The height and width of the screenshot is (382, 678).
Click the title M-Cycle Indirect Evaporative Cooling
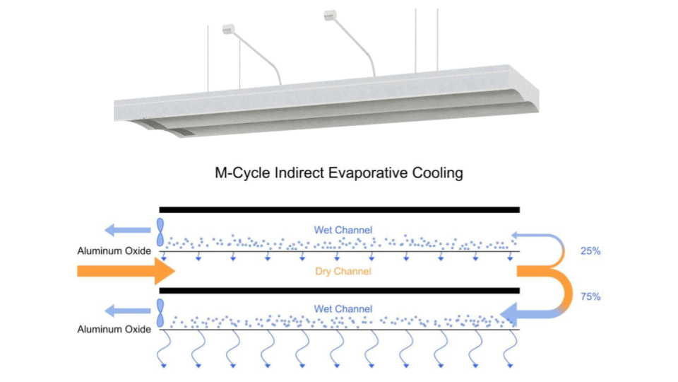click(x=339, y=173)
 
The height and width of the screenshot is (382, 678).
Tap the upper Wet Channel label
click(x=343, y=230)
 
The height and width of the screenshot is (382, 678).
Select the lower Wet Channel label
click(x=343, y=309)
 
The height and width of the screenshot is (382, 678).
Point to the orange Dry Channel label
click(x=343, y=271)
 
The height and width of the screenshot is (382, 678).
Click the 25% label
click(x=590, y=251)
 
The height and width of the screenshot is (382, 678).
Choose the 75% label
click(x=590, y=297)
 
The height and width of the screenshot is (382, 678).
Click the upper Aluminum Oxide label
click(x=114, y=251)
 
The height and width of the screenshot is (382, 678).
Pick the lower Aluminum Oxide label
click(x=114, y=330)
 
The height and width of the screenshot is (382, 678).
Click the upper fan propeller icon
click(x=160, y=232)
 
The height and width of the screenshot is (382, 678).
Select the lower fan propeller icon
click(x=160, y=312)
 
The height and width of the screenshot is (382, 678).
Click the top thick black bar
click(x=339, y=209)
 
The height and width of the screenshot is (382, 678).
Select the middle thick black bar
click(x=339, y=290)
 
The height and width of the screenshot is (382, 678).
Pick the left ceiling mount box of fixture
click(x=227, y=29)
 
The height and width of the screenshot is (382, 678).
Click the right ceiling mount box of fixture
click(x=330, y=15)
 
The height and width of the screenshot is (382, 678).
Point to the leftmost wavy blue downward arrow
click(x=166, y=350)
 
